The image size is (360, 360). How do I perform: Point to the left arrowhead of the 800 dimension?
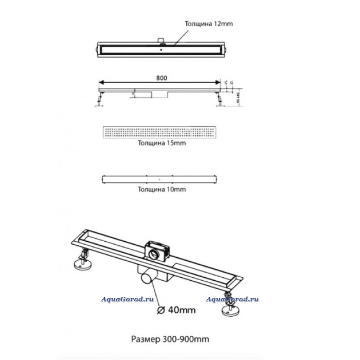point(100,82)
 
